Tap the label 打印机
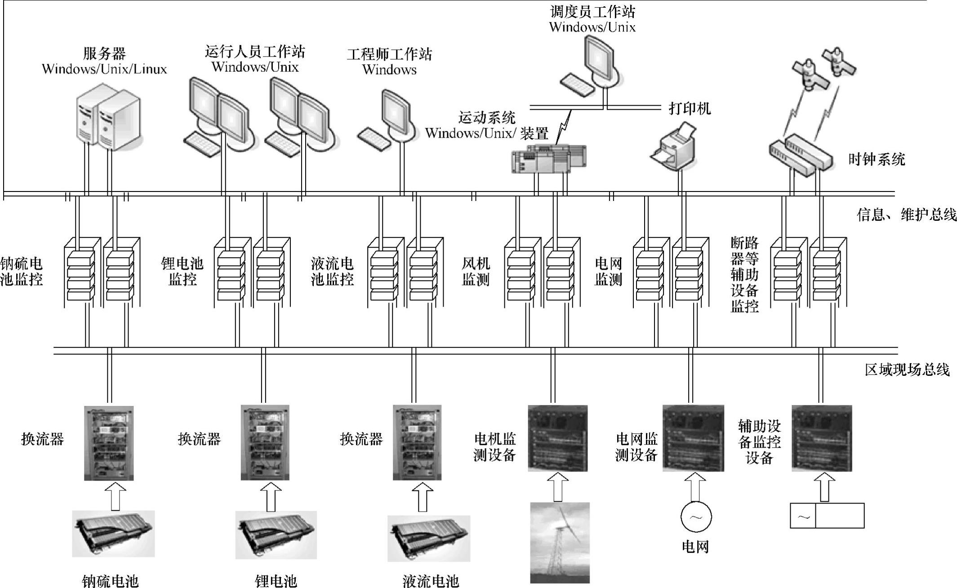(x=690, y=108)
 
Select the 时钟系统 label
(x=876, y=159)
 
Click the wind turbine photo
(x=560, y=542)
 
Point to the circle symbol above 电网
(x=695, y=517)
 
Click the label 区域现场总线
(x=907, y=370)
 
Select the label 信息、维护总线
(x=906, y=215)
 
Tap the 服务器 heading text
(x=104, y=53)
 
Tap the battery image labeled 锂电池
(x=276, y=535)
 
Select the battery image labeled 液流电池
(x=428, y=538)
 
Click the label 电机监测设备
(x=494, y=447)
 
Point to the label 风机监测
(x=476, y=271)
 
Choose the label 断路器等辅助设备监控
(x=744, y=275)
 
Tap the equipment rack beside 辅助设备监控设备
(x=821, y=438)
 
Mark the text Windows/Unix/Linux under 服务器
(x=104, y=69)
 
